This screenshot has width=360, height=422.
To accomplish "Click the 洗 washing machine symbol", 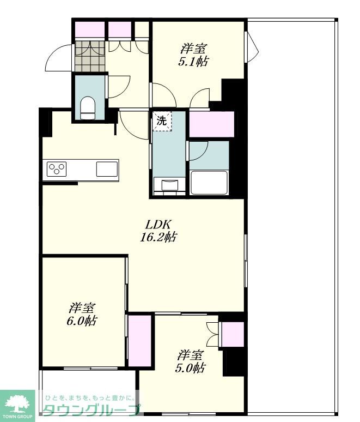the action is tap(162, 122).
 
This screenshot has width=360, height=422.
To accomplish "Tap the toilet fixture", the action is tap(88, 108).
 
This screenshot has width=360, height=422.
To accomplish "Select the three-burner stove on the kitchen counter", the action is tap(57, 169).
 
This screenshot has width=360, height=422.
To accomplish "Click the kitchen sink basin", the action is tap(107, 169).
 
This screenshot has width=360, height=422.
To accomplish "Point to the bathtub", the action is tap(209, 182).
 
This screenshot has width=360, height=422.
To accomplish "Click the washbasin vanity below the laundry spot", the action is tap(169, 186).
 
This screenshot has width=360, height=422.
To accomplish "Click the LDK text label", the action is tap(158, 224).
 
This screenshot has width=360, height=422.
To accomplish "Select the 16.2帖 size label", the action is tap(158, 237).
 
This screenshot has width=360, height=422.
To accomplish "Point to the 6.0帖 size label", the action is tap(82, 321).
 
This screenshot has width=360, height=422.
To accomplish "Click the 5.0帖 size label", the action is tap(191, 368).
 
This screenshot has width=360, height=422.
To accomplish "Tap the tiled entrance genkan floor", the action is tap(90, 56).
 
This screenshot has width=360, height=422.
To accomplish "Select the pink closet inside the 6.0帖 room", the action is tap(140, 341).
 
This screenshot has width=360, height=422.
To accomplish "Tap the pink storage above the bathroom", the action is tap(212, 124).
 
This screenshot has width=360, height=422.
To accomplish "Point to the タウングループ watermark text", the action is tap(91, 411).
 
